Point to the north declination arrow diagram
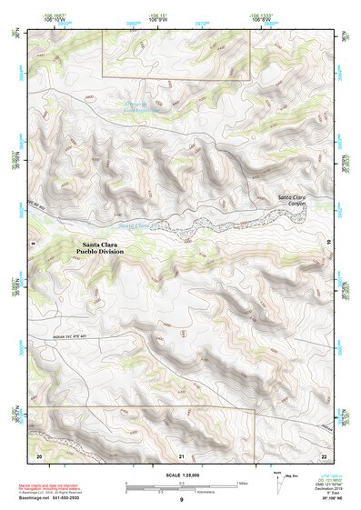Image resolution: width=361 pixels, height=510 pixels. click(x=278, y=483)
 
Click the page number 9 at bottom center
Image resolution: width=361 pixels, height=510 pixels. click(x=181, y=501)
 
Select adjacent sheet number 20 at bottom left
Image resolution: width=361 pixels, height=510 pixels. click(x=38, y=455)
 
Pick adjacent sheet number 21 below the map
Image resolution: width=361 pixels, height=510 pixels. click(x=182, y=455)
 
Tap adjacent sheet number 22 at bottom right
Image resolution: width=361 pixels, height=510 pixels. click(x=324, y=455)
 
